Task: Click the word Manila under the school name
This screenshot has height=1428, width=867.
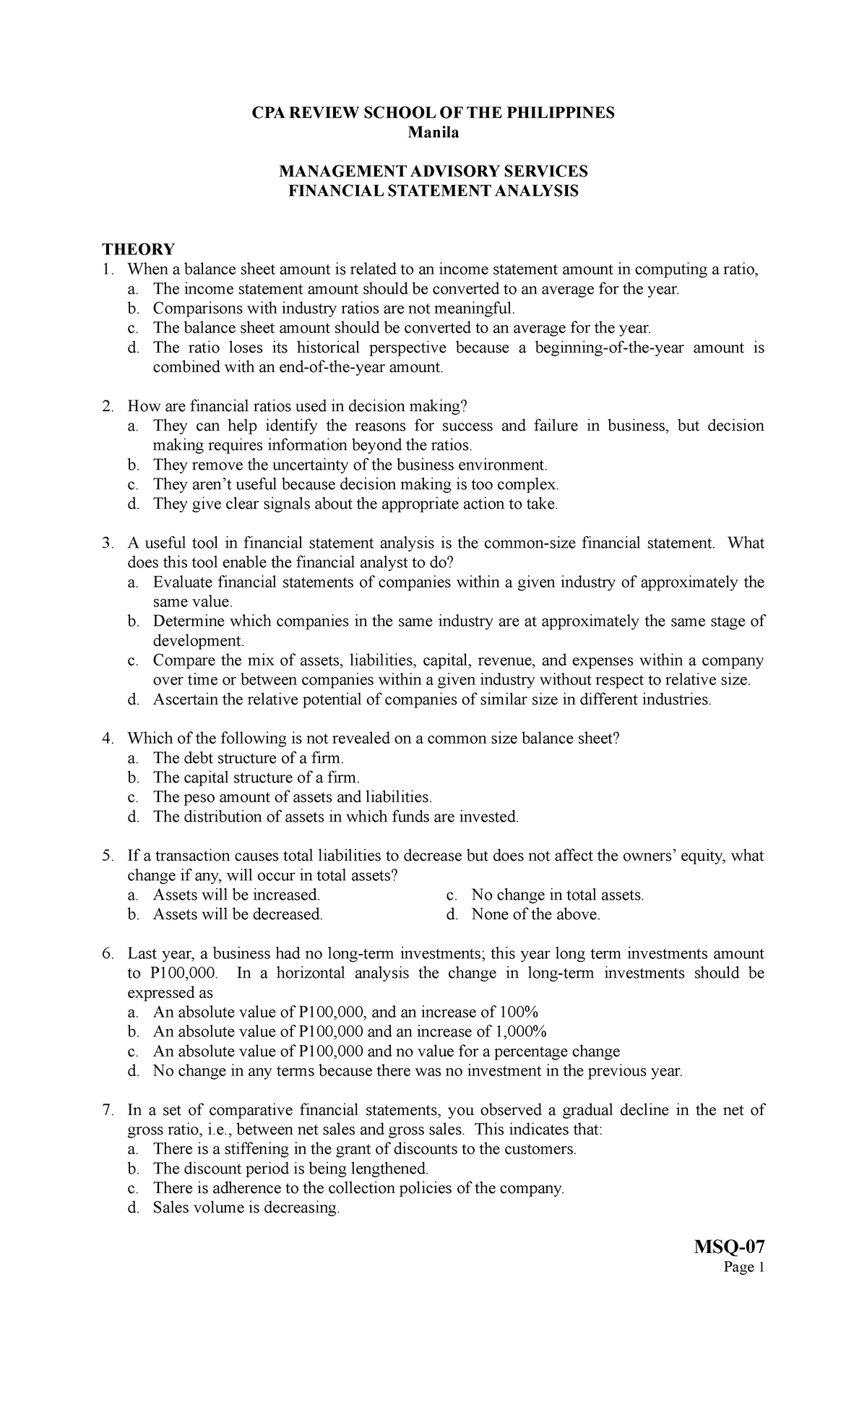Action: [433, 132]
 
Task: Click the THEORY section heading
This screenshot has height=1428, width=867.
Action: [138, 249]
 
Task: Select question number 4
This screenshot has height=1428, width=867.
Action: [108, 739]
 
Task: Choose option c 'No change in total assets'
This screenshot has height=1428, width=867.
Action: [556, 895]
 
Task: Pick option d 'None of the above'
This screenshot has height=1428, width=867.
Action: [535, 914]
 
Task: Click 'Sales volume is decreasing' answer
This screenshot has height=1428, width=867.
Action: [246, 1208]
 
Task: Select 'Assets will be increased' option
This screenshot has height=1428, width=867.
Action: [236, 895]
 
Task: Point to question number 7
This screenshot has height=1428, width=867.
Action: [108, 1110]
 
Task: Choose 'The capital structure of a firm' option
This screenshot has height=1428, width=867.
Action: [256, 778]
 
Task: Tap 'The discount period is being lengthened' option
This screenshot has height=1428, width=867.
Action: [290, 1169]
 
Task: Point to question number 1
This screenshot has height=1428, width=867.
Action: [108, 270]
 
